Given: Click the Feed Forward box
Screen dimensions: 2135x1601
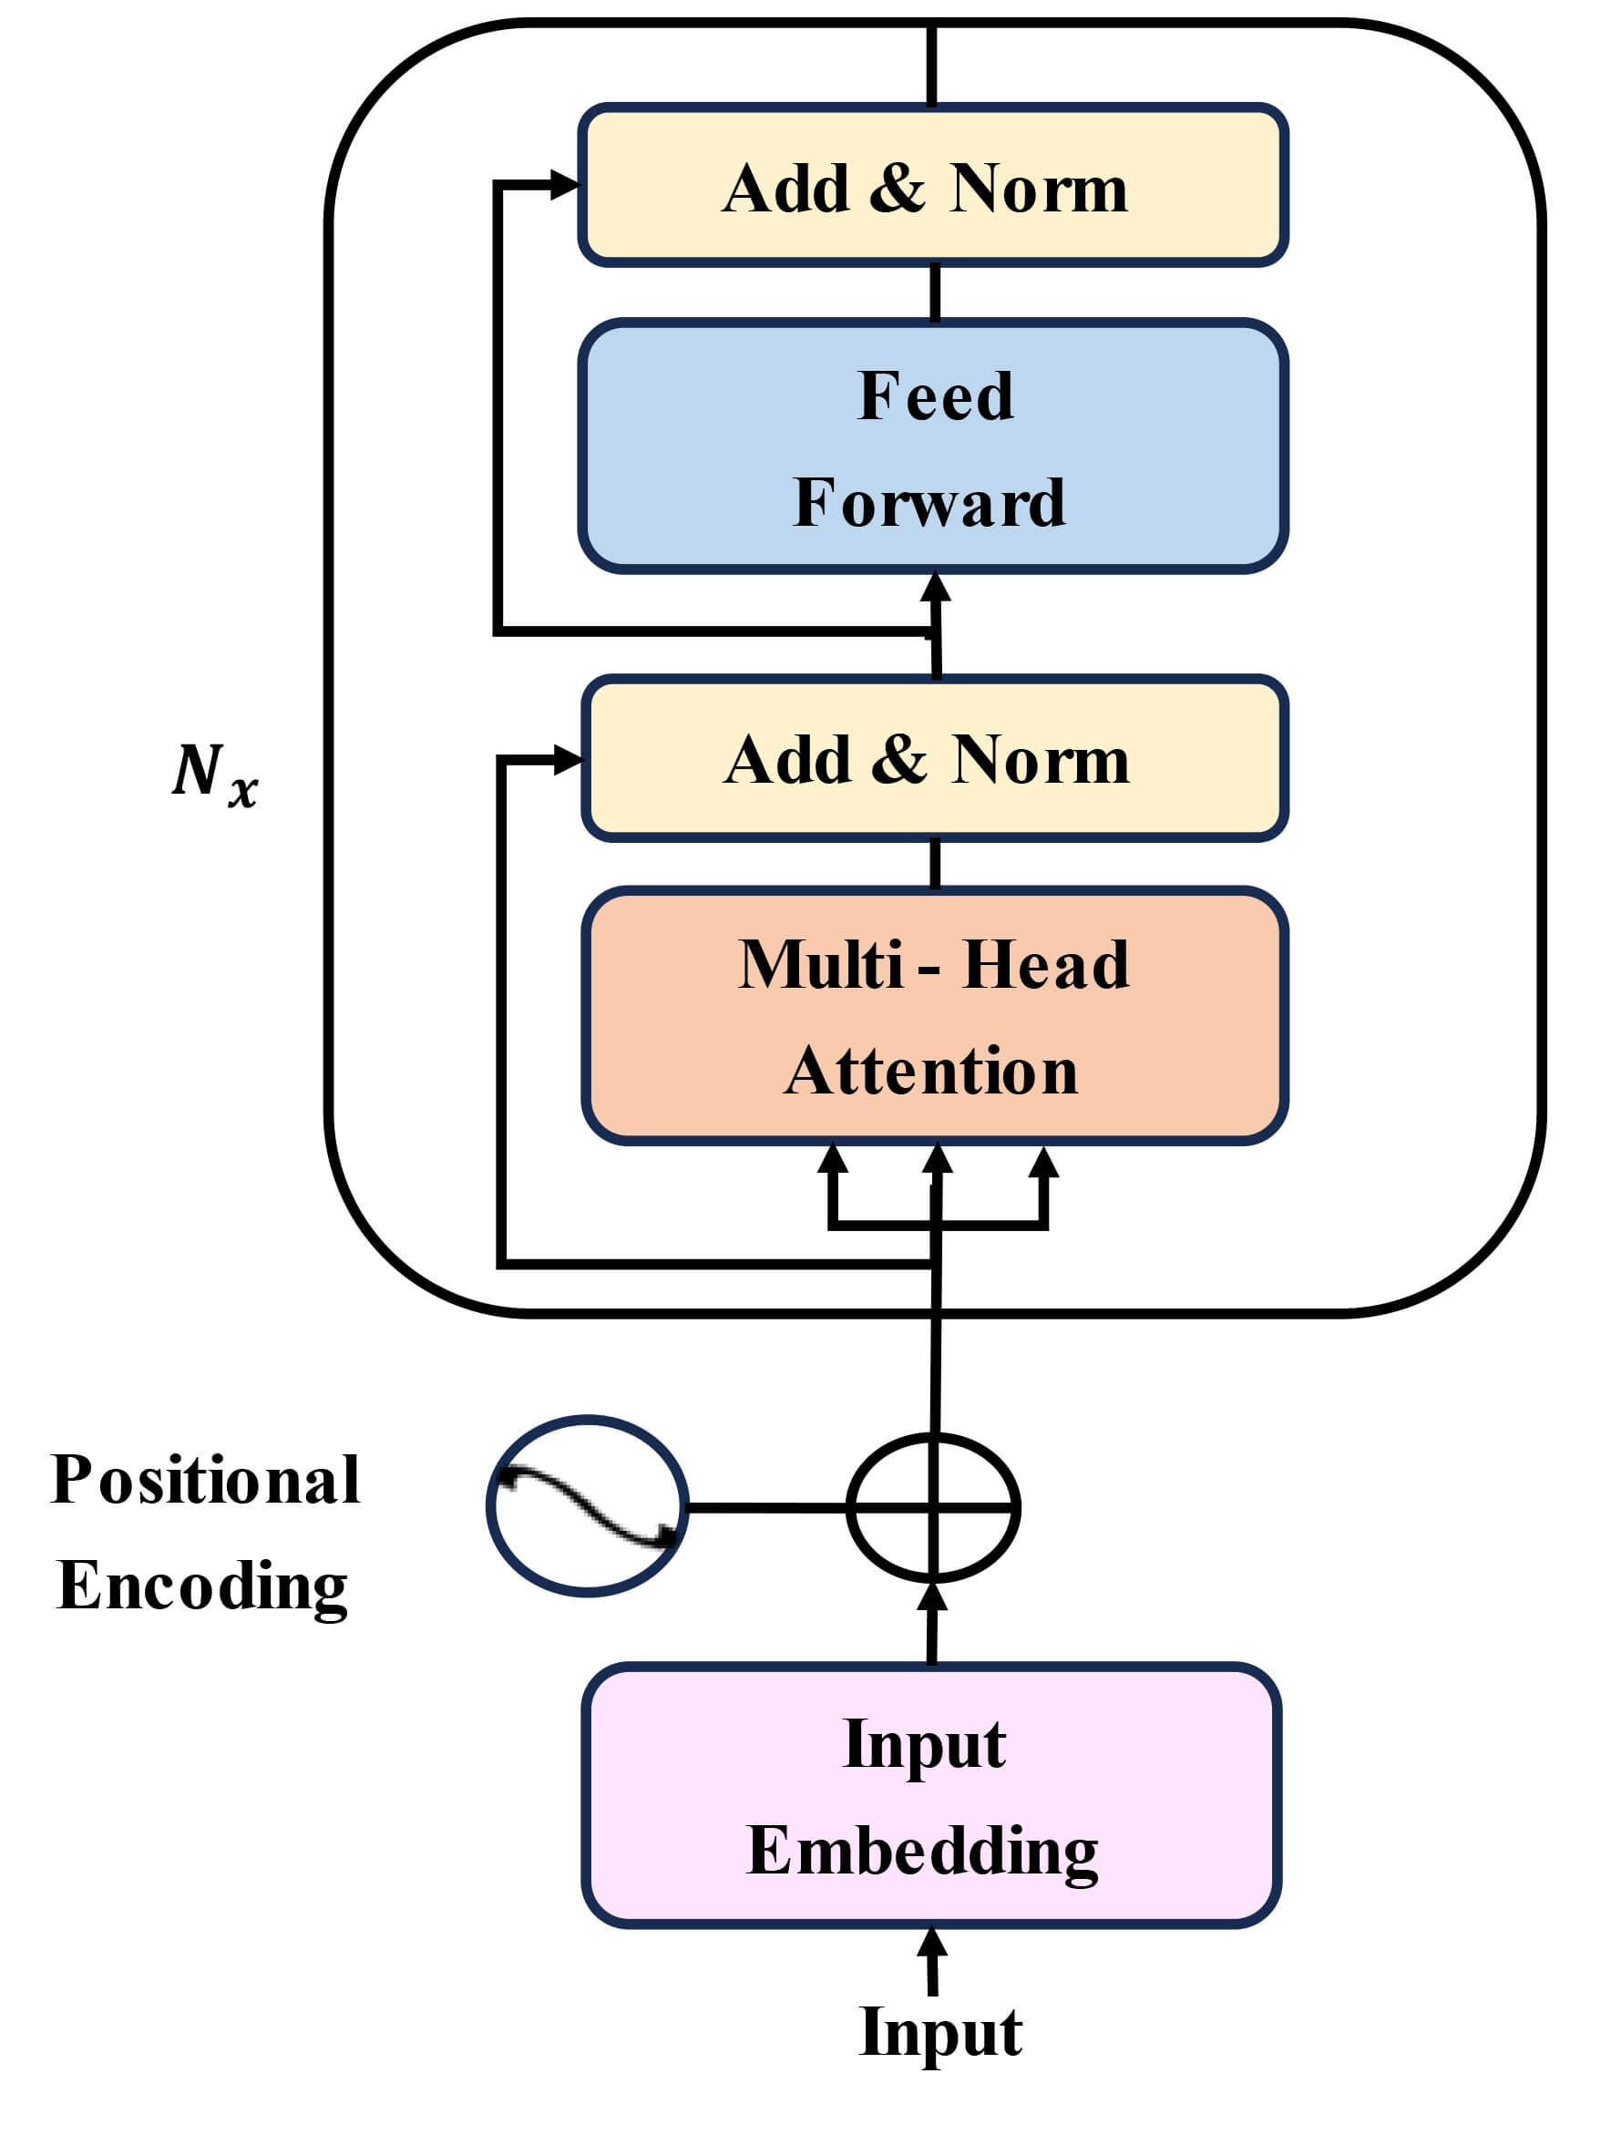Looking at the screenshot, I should click(x=932, y=447).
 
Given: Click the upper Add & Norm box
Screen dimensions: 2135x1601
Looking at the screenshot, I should click(x=932, y=185).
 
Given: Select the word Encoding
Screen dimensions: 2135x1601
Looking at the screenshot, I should click(x=202, y=1586).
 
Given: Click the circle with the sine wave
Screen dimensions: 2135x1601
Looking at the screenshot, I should click(x=587, y=1505).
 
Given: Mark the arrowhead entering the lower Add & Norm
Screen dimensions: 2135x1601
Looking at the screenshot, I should click(x=568, y=760).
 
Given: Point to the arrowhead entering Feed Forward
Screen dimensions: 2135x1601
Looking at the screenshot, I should click(x=934, y=587).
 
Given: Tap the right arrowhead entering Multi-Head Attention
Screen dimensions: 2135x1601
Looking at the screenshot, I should click(x=1043, y=1162).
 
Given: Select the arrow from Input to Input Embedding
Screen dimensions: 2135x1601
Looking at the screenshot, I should click(x=931, y=1959).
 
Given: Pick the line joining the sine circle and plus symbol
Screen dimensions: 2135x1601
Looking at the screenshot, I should click(x=767, y=1506).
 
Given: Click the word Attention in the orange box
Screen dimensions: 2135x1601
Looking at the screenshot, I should click(x=931, y=1072).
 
